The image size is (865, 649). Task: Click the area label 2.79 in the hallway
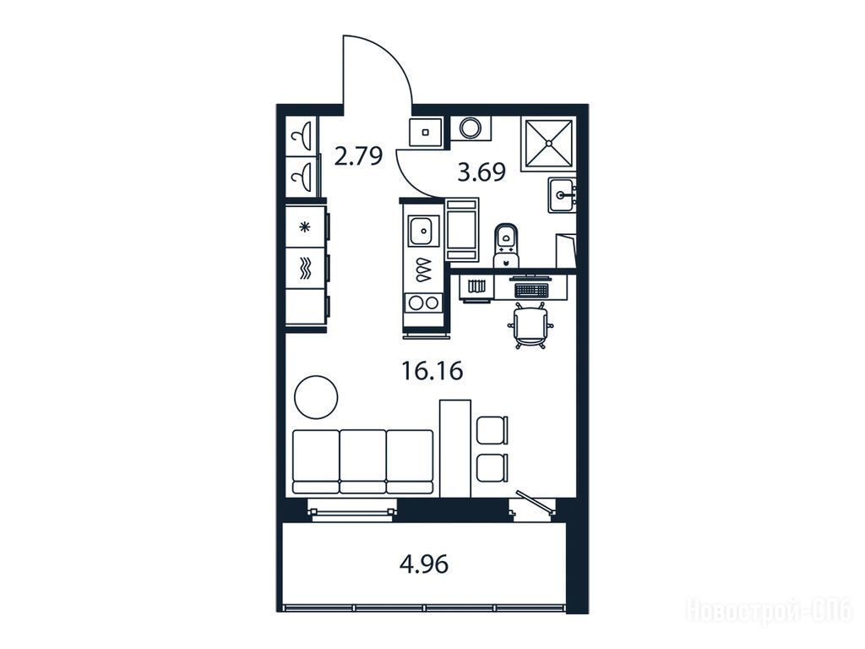(358, 156)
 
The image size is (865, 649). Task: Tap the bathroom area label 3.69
(481, 172)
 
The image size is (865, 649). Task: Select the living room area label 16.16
(432, 371)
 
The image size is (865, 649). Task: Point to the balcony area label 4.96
(424, 564)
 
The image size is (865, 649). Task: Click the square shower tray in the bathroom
(548, 143)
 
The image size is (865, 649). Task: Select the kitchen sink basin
(423, 232)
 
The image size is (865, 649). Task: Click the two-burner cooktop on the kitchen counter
(424, 303)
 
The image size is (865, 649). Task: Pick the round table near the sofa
(316, 397)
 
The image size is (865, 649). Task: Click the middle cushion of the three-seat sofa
(363, 461)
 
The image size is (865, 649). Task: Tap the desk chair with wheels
(530, 325)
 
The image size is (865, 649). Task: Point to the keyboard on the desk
(530, 289)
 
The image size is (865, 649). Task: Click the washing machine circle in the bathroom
(471, 128)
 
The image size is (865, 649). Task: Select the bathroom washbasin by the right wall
(562, 195)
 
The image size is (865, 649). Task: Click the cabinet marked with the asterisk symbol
(304, 226)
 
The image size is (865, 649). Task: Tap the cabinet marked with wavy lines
(304, 268)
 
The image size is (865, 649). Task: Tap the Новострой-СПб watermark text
(770, 611)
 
